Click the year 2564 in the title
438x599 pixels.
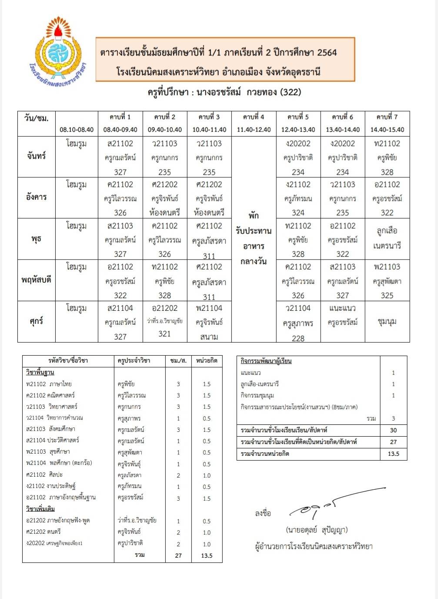coord(327,53)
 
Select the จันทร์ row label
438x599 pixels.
coord(37,156)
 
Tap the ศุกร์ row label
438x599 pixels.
coord(37,321)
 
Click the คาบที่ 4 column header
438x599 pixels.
coord(254,117)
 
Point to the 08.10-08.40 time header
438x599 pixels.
coord(77,130)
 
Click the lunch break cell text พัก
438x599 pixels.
coord(254,215)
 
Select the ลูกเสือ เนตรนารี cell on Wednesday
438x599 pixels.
coord(387,238)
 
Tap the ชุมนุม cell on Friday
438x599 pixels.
coord(387,322)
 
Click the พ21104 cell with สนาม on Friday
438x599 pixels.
coord(209,322)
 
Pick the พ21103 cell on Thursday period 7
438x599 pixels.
coord(387,281)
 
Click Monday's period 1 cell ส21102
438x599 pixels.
coord(120,157)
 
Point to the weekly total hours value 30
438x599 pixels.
coord(393,430)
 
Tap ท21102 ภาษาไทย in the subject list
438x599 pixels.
coord(49,384)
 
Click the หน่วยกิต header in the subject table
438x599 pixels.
coord(207,360)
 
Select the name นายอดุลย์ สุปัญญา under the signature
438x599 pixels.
coord(317,530)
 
